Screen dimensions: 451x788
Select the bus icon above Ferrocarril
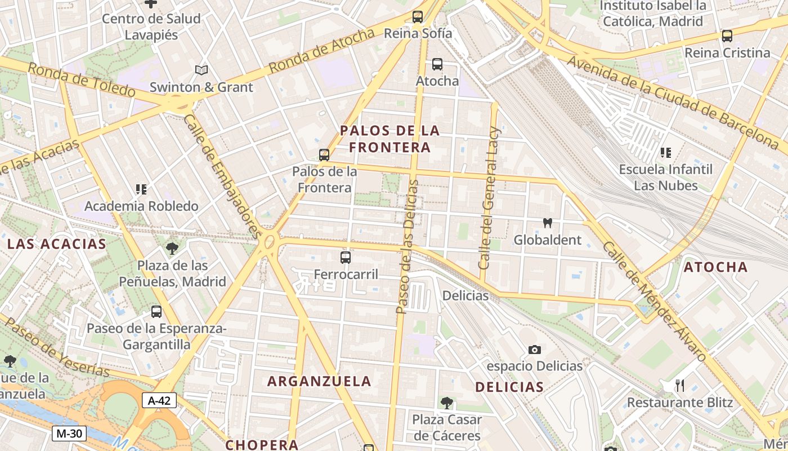click(x=346, y=258)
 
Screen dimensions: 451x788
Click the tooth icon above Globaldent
click(x=547, y=223)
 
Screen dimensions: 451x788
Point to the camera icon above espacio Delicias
click(x=535, y=350)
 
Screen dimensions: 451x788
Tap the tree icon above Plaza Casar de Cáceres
click(x=447, y=403)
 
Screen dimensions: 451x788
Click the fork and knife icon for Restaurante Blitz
click(x=680, y=386)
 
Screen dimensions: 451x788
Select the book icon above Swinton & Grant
click(x=201, y=70)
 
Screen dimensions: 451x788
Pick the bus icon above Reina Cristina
click(x=727, y=36)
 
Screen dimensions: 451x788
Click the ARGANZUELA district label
click(x=319, y=381)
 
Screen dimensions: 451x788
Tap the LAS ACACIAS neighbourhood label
click(x=56, y=244)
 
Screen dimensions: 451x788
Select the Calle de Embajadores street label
click(x=222, y=176)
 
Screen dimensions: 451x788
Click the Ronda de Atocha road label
click(x=321, y=50)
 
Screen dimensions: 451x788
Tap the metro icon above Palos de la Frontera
click(x=324, y=154)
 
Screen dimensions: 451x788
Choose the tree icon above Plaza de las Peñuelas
click(x=172, y=248)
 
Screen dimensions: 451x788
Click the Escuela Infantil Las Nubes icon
click(x=666, y=152)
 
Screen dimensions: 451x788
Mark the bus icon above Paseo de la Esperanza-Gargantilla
click(x=156, y=311)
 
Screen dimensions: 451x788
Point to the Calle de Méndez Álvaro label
click(x=653, y=302)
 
